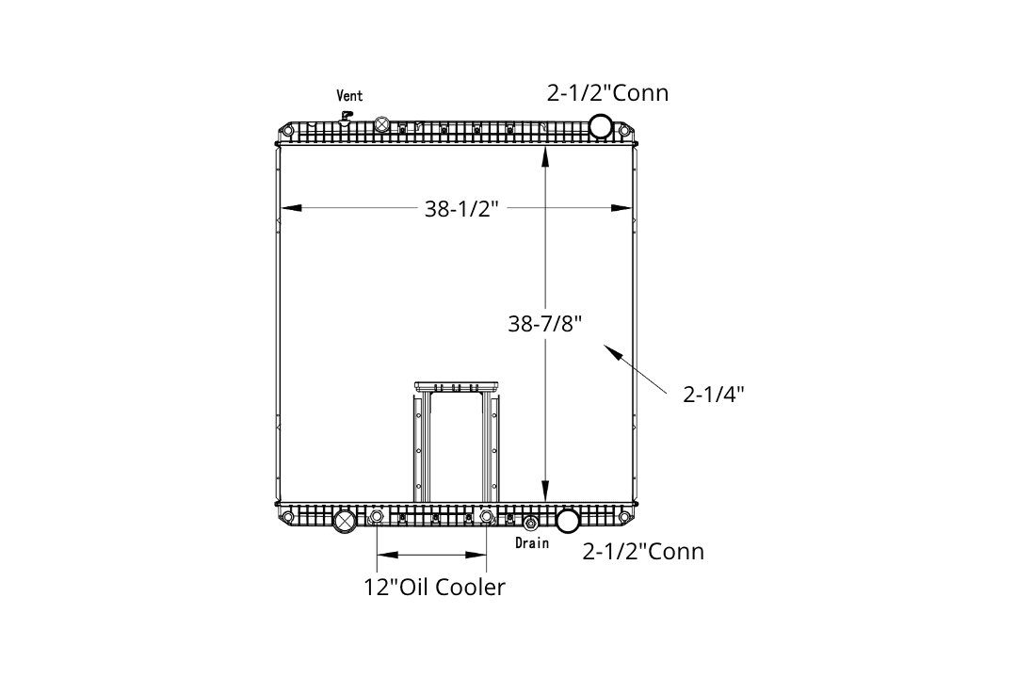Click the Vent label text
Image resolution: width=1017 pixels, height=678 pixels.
349,95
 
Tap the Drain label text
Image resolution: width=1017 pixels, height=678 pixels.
532,542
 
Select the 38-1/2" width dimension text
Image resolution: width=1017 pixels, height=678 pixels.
461,208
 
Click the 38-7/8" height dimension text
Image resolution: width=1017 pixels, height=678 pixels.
545,323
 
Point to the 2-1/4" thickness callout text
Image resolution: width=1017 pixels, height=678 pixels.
714,394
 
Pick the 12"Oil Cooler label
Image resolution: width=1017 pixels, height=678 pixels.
434,587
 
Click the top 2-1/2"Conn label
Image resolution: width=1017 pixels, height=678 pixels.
607,93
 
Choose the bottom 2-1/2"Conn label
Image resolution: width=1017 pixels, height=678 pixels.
643,551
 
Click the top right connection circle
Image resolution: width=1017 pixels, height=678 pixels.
601,126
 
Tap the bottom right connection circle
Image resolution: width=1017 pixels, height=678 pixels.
568,521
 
